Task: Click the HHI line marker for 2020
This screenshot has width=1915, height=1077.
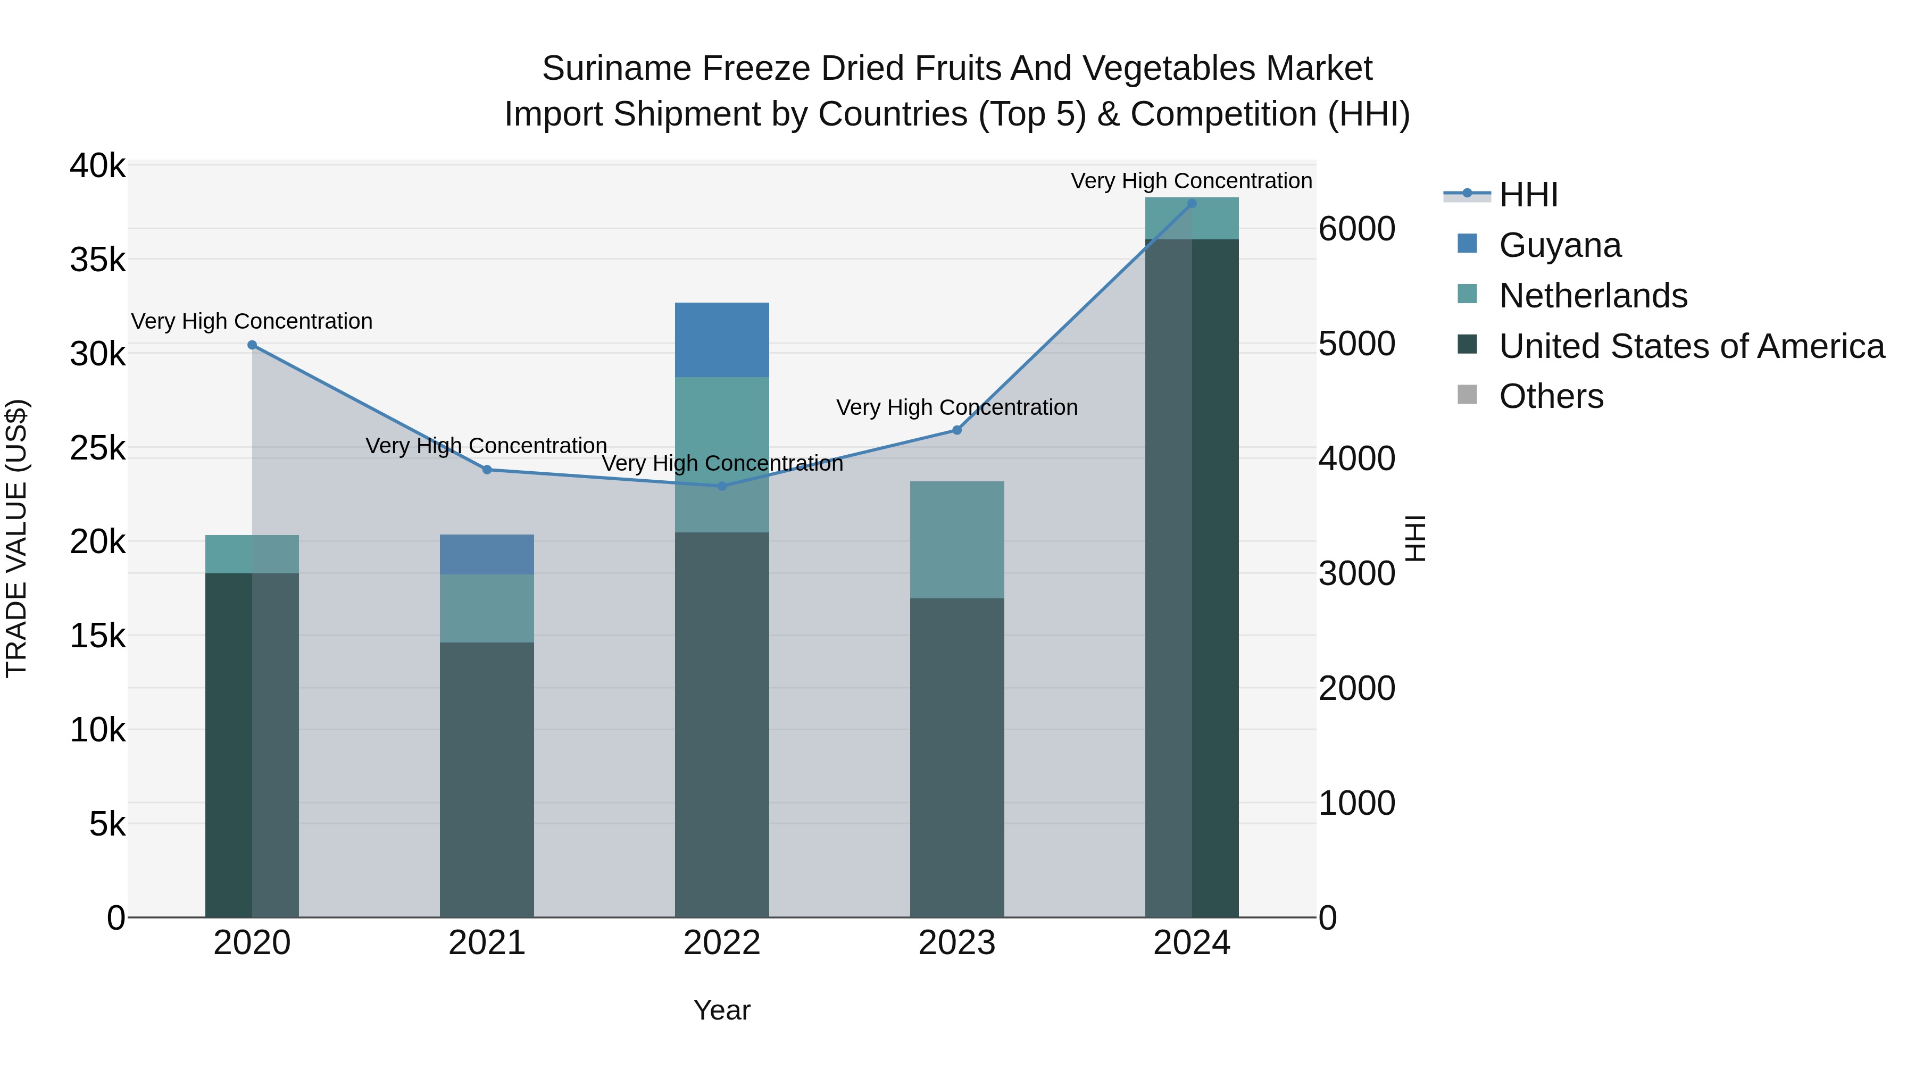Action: tap(252, 345)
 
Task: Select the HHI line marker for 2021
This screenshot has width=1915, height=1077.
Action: tap(487, 470)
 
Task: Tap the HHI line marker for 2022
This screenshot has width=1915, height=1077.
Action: tap(722, 486)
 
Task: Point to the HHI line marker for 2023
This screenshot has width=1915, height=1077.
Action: tap(957, 430)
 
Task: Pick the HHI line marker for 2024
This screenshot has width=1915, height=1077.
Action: tap(1192, 203)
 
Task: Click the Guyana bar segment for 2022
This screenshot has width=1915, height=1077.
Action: tap(722, 340)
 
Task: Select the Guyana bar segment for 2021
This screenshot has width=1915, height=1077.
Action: tap(487, 555)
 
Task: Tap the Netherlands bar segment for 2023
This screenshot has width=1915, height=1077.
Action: tap(957, 540)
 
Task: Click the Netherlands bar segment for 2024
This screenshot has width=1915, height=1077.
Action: tap(1192, 219)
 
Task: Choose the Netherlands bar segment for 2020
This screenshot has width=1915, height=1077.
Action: tap(252, 555)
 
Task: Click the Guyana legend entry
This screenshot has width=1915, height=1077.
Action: tap(1560, 245)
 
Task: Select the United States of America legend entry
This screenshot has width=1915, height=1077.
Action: tap(1691, 346)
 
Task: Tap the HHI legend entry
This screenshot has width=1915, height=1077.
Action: tap(1528, 195)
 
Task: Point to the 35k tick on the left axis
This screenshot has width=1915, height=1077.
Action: tap(98, 260)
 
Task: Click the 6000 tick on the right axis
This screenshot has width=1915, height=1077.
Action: tap(1356, 229)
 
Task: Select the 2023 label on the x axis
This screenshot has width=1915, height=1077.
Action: tap(957, 943)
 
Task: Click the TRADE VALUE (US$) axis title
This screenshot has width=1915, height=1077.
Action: tap(16, 538)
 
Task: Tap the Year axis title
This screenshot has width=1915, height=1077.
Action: tap(722, 1010)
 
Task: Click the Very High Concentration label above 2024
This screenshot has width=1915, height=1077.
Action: tap(1191, 181)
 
